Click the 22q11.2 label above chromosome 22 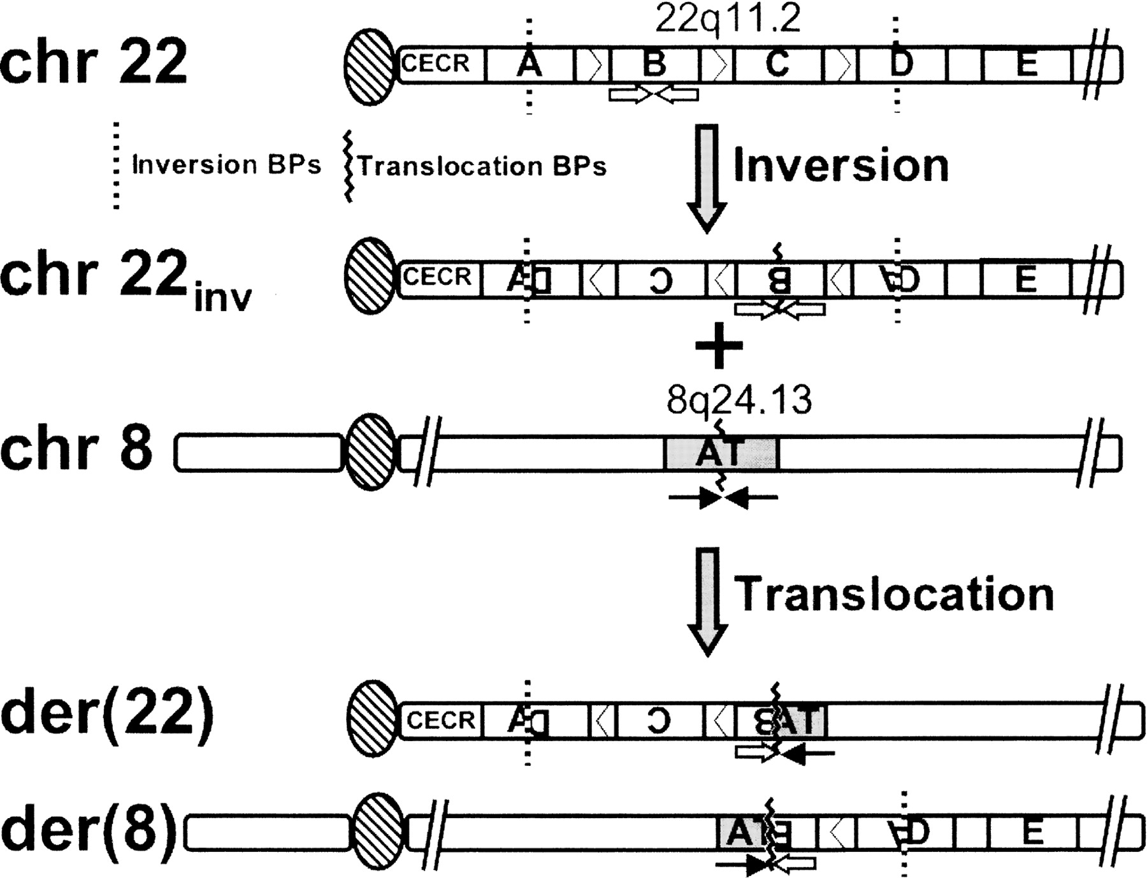click(x=727, y=19)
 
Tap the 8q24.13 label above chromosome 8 click(x=739, y=400)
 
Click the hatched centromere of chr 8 click(x=370, y=452)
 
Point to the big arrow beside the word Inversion click(x=707, y=177)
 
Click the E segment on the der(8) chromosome click(x=1032, y=832)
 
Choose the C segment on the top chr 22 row click(x=777, y=64)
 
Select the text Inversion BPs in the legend click(x=226, y=165)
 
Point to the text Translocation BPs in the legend click(x=482, y=166)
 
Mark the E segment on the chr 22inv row click(x=1025, y=279)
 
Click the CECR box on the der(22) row click(x=440, y=721)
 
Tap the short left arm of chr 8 click(x=258, y=453)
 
